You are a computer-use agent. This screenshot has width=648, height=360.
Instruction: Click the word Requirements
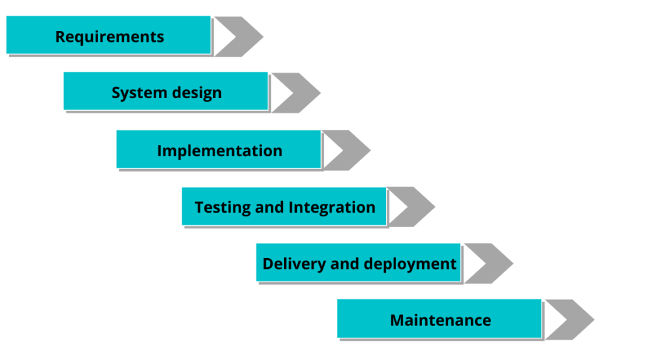pos(109,37)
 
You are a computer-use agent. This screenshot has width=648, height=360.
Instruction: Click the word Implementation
pos(220,151)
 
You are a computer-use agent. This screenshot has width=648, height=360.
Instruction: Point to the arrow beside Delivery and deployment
pos(488,263)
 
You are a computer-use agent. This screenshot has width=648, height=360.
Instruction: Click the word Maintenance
pos(440,320)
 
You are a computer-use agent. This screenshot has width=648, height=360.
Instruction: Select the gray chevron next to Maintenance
pos(569,320)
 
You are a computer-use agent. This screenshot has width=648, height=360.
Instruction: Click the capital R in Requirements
pos(60,37)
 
